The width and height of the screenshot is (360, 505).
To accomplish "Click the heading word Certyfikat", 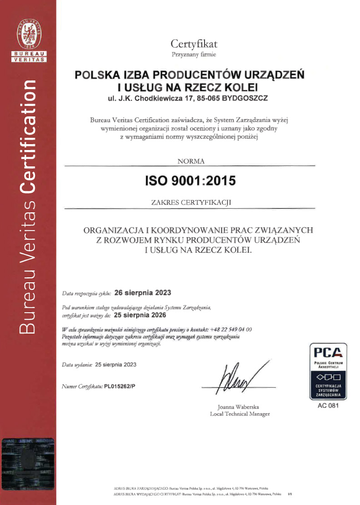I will click(194, 44).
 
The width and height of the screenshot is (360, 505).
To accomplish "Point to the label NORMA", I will click(190, 161).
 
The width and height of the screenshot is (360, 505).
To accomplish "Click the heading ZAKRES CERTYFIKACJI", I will click(190, 203).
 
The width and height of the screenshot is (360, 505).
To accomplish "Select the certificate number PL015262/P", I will click(120, 386).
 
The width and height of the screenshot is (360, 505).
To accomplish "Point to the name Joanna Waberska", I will click(240, 407).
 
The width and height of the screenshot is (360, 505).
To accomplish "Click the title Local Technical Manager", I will click(240, 414).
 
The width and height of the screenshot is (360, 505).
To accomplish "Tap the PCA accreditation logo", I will click(328, 371).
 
